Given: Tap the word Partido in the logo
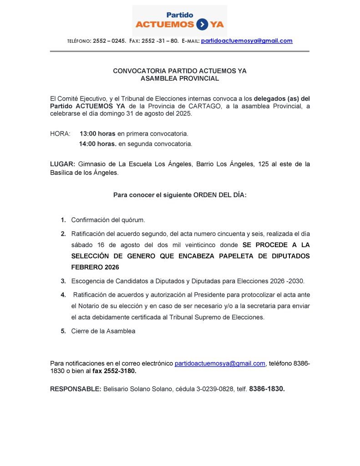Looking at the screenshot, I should pyautogui.click(x=180, y=15).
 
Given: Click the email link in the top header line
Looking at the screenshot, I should pyautogui.click(x=247, y=41).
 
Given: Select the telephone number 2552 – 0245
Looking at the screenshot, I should pyautogui.click(x=109, y=41).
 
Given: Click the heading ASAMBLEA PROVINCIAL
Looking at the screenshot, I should pyautogui.click(x=180, y=78).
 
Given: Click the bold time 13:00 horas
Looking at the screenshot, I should pyautogui.click(x=97, y=134).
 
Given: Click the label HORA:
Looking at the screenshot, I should pyautogui.click(x=60, y=134).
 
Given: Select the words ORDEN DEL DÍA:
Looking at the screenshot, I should pyautogui.click(x=220, y=195).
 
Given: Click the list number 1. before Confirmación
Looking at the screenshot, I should pyautogui.click(x=63, y=220).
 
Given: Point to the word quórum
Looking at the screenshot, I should pyautogui.click(x=132, y=220).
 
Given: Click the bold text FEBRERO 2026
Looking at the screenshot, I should pyautogui.click(x=92, y=267).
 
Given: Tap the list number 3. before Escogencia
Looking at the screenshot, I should pyautogui.click(x=63, y=281).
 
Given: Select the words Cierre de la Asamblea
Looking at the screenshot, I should pyautogui.click(x=103, y=331).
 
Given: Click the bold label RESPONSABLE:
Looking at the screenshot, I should pyautogui.click(x=76, y=389).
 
